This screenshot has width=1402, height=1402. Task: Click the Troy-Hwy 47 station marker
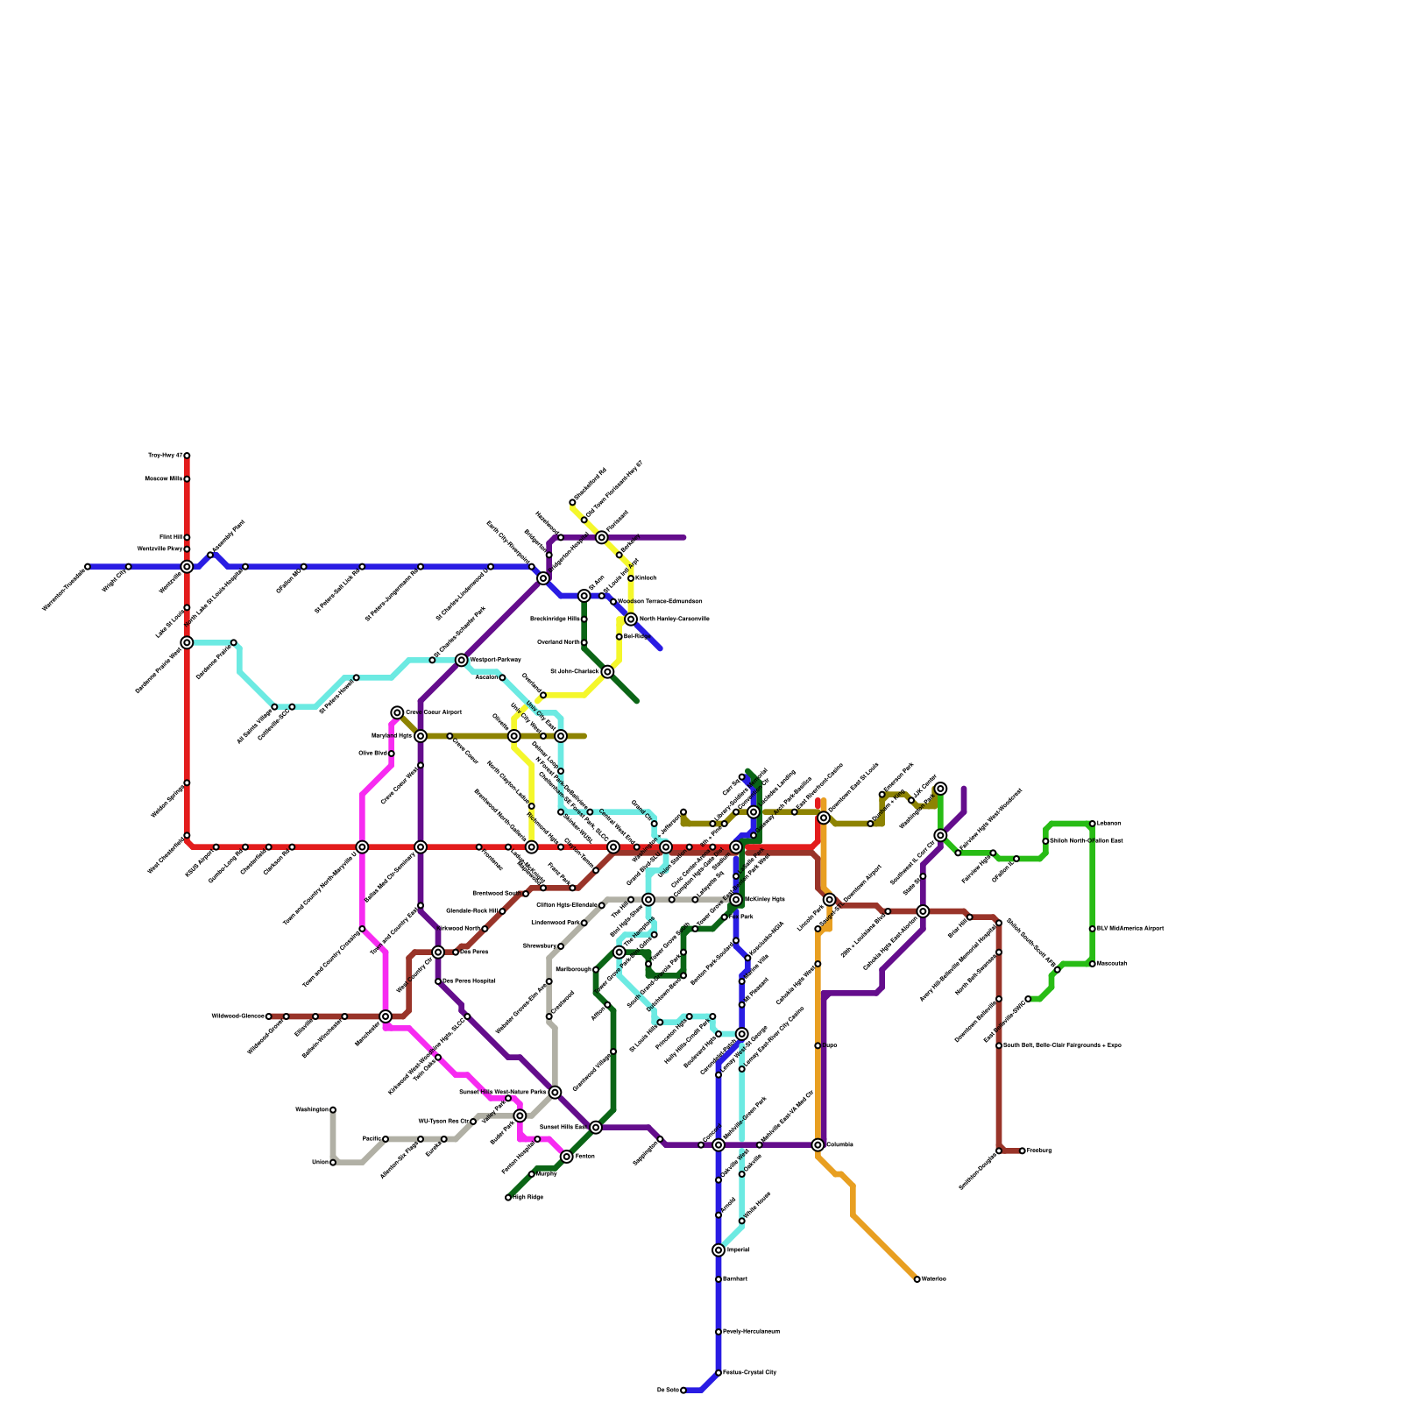click(187, 456)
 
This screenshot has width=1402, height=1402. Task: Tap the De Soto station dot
click(683, 1390)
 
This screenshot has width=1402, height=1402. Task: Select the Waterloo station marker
click(917, 1279)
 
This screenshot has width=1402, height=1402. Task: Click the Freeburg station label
click(1038, 1151)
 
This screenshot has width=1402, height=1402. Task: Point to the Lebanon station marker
click(1092, 824)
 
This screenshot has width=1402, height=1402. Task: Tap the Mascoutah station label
click(1112, 964)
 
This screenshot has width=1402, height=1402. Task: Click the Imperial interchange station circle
click(719, 1250)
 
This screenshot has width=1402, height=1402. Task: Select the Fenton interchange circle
click(567, 1157)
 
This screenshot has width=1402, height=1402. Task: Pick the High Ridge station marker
click(508, 1197)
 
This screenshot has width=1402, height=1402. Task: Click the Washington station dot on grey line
click(333, 1110)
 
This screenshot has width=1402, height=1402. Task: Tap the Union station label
click(320, 1163)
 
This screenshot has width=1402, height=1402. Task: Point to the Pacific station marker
click(386, 1139)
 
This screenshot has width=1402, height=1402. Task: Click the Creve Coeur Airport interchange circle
click(397, 712)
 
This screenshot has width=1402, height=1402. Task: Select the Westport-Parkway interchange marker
click(462, 660)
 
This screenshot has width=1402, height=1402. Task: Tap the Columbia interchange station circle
click(818, 1144)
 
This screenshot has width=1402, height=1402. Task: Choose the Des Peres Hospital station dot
click(438, 981)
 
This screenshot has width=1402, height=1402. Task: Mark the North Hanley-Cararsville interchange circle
click(631, 620)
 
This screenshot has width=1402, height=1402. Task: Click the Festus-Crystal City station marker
click(719, 1372)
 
